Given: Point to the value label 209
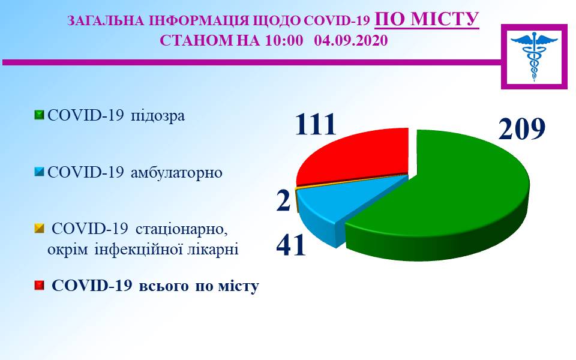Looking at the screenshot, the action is coord(521,129).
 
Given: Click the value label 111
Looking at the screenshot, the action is coord(316,124).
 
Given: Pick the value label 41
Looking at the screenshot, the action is coord(291,245).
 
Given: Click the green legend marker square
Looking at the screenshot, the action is coord(39,115).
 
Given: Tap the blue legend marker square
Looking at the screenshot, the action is coord(39,172).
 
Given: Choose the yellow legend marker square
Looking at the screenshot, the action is coord(39,229).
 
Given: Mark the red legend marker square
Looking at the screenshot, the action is coord(39,286).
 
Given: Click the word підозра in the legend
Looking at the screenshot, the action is coord(158,116).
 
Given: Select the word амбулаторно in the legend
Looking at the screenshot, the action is coord(176,172).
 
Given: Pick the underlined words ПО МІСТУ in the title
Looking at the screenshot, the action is coord(427,19).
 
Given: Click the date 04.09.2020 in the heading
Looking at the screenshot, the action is coord(351,40).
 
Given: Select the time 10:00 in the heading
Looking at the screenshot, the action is coord(284,40).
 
